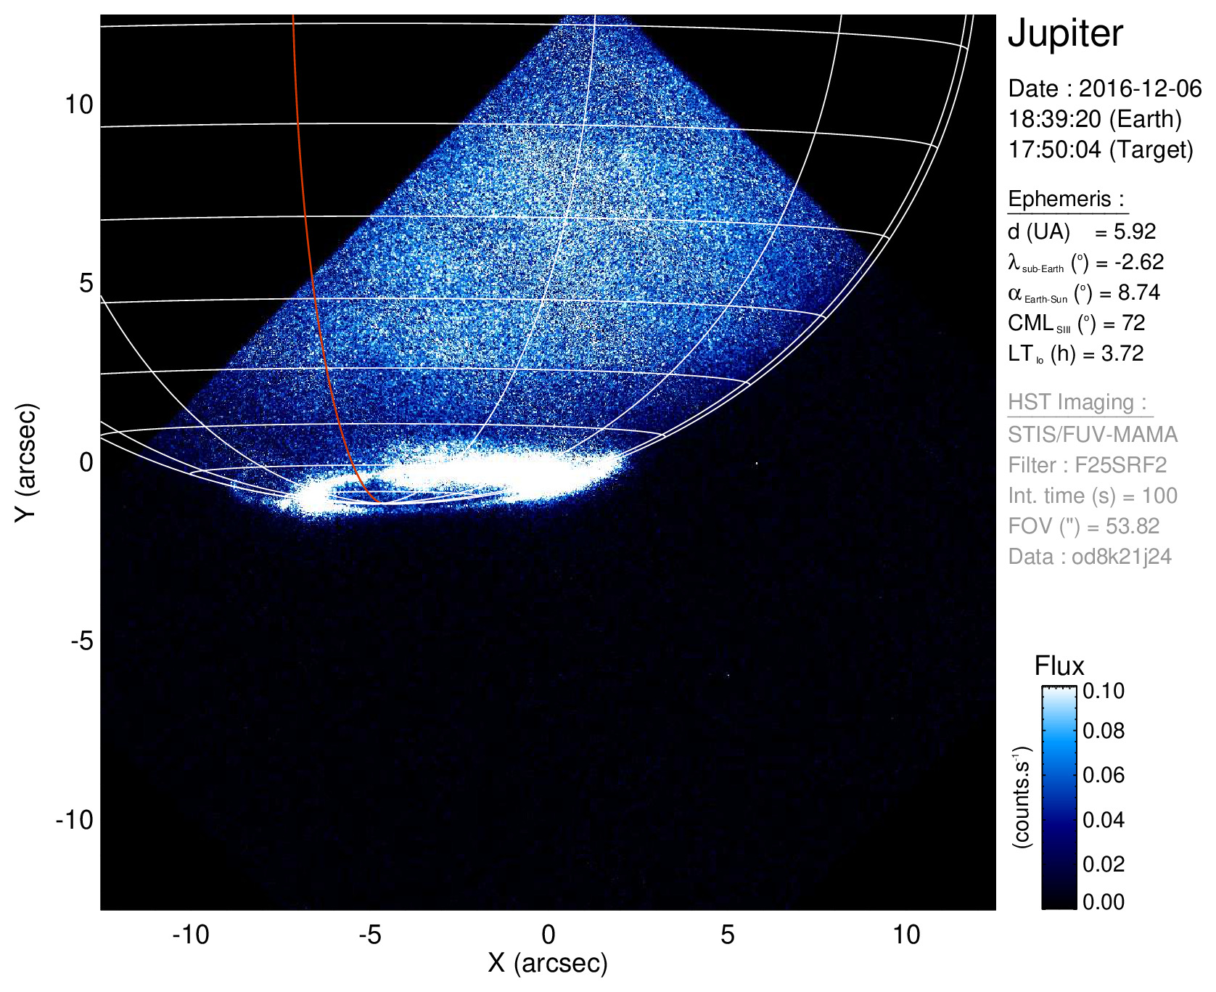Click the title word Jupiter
point(1065,33)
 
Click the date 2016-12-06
point(1140,89)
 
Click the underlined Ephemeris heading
point(1065,199)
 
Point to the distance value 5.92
point(1135,231)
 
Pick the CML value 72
point(1133,323)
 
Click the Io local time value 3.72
point(1122,353)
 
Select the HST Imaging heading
point(1077,402)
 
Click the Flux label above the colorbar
point(1059,665)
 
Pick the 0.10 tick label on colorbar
point(1104,691)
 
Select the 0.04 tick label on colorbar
point(1104,820)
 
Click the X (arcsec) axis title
point(548,963)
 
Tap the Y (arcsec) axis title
point(26,462)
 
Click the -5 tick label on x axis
point(370,935)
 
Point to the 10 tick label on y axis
point(79,104)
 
